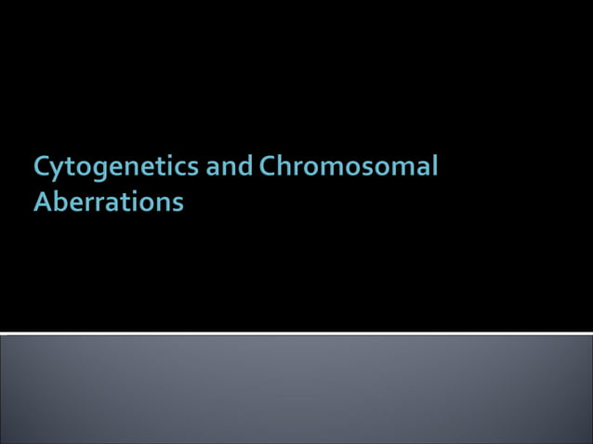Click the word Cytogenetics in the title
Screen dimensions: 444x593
[x=116, y=168]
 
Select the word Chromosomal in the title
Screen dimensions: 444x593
[x=349, y=167]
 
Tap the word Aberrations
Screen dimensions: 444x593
[x=108, y=202]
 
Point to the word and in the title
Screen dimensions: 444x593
[x=230, y=167]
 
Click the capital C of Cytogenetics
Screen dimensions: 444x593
[x=43, y=167]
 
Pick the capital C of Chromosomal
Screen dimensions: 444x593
[x=269, y=167]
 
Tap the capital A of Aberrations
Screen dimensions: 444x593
[x=43, y=202]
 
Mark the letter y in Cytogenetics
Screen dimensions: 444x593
[x=59, y=171]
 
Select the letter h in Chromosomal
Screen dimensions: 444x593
[x=286, y=167]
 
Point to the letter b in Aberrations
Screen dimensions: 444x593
[x=59, y=201]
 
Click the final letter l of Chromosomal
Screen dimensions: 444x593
[x=433, y=166]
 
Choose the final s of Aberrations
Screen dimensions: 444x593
[x=178, y=203]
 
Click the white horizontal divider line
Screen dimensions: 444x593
[x=296, y=333]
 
